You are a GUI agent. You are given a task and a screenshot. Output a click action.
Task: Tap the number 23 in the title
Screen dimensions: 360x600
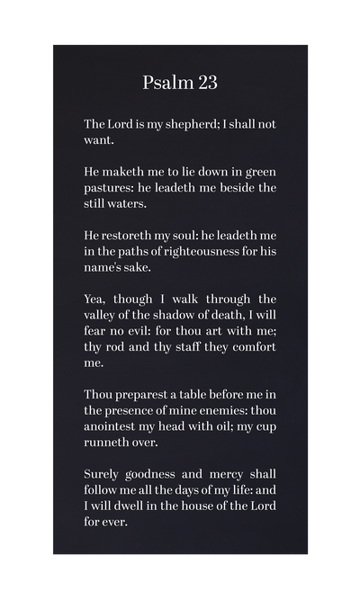[x=206, y=83]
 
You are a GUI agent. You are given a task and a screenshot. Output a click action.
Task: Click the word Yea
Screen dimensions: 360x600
[x=96, y=300]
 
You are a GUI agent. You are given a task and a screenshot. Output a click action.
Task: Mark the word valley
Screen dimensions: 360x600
[x=103, y=316]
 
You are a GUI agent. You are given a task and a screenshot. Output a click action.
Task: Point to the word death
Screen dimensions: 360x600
[x=233, y=316]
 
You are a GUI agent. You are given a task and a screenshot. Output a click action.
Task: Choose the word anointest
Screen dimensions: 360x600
[x=113, y=427]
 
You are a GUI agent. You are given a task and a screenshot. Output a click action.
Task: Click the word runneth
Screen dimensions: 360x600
[x=108, y=443]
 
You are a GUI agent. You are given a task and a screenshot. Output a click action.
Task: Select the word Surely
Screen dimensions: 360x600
[x=104, y=474]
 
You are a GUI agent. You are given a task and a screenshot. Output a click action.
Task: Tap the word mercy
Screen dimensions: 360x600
[x=218, y=474]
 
